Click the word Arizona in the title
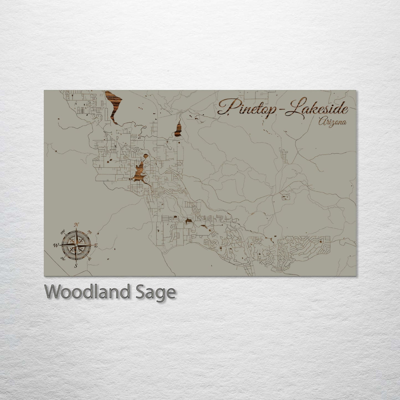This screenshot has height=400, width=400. pyautogui.click(x=332, y=122)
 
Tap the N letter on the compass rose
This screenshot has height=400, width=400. pyautogui.click(x=77, y=224)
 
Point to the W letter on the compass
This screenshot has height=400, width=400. pyautogui.click(x=56, y=245)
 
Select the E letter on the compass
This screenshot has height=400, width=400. pyautogui.click(x=96, y=246)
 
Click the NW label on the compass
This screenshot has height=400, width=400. pyautogui.click(x=63, y=231)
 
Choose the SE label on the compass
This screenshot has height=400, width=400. pyautogui.click(x=89, y=259)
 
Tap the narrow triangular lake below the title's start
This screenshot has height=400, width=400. pyautogui.click(x=178, y=130)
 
